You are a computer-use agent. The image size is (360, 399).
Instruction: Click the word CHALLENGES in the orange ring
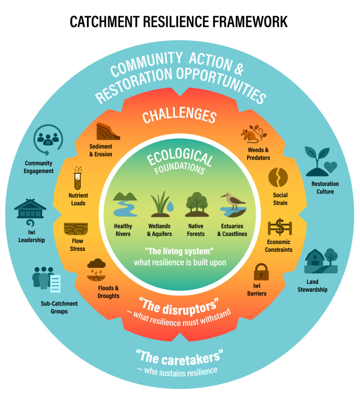click(x=179, y=116)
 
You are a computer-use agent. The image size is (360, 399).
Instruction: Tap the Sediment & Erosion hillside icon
click(x=108, y=131)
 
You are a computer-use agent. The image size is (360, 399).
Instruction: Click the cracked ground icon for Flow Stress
click(x=76, y=228)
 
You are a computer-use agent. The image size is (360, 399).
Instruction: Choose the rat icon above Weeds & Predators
click(x=248, y=135)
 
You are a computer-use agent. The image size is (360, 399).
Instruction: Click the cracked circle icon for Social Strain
click(x=278, y=177)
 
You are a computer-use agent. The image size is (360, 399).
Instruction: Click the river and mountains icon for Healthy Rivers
click(x=125, y=204)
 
